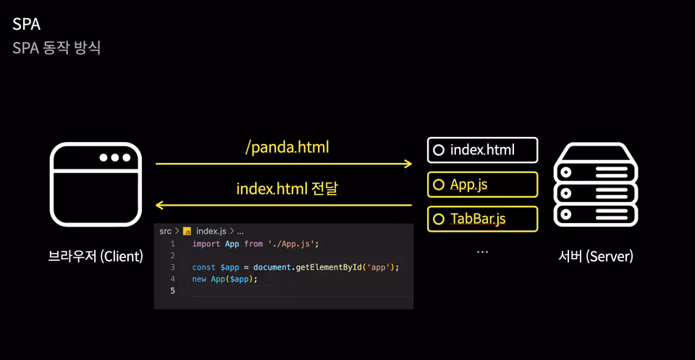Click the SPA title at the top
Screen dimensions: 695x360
(26, 25)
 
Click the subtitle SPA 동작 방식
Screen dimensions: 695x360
(56, 48)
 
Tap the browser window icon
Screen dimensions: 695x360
(96, 184)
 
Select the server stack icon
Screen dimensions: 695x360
(596, 185)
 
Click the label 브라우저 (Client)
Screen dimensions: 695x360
(96, 256)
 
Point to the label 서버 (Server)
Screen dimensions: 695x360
(596, 256)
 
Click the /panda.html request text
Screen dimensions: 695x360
(287, 148)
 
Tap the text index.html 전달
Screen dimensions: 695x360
(287, 189)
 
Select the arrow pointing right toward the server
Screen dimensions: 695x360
(284, 164)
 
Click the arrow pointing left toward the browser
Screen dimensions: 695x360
(284, 205)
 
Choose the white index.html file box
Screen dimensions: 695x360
(482, 150)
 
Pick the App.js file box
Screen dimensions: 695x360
(482, 185)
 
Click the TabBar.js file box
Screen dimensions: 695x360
(482, 219)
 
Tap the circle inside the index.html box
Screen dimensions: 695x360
(439, 150)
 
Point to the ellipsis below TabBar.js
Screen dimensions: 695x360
(482, 252)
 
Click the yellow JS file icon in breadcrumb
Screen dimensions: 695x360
(187, 232)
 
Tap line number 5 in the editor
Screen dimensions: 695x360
(172, 291)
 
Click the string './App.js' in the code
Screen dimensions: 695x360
(292, 244)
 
